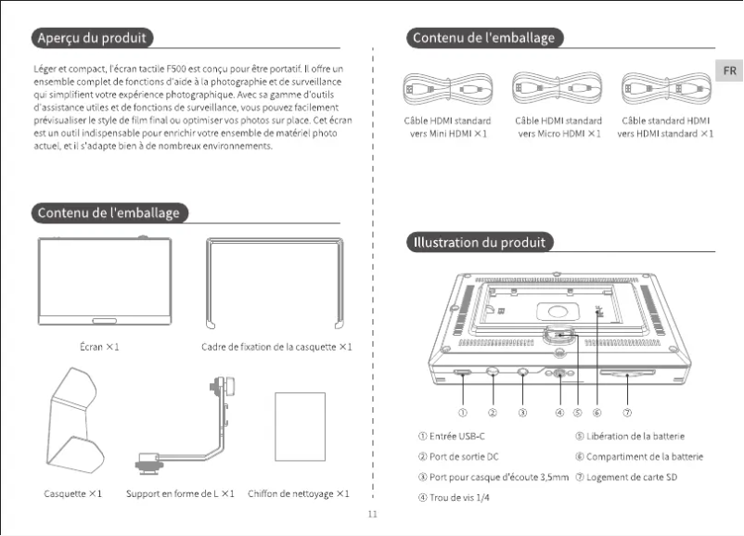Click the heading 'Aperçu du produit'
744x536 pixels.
click(x=90, y=38)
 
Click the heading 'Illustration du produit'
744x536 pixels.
click(x=481, y=243)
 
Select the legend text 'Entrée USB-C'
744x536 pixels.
click(x=452, y=436)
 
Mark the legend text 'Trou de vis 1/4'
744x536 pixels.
click(x=453, y=498)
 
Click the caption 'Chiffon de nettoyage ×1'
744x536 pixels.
click(x=299, y=493)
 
